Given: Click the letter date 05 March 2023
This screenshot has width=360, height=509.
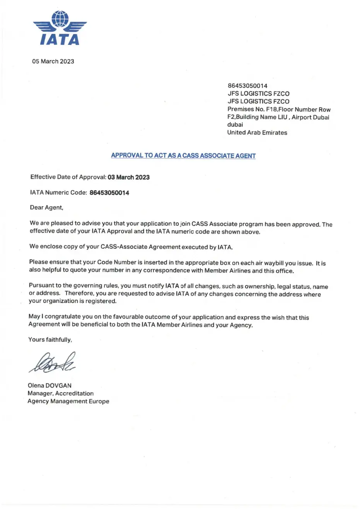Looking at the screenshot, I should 53,61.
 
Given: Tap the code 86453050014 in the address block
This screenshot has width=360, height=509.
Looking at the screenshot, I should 247,85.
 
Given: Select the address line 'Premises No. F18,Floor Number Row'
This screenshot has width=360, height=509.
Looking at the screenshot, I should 279,109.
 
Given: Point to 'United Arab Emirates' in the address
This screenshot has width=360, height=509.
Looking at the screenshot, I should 257,132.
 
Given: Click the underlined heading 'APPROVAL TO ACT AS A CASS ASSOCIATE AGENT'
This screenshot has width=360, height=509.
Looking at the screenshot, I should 183,155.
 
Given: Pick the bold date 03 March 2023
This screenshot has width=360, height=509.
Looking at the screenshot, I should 128,177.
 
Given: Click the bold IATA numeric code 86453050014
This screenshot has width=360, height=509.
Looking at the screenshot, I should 109,193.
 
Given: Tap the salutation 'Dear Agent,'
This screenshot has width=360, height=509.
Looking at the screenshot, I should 46,208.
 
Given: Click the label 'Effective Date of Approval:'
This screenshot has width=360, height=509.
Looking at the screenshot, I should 68,177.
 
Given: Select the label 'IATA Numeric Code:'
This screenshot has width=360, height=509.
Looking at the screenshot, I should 58,193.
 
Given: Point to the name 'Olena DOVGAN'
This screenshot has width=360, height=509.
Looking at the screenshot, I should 49,386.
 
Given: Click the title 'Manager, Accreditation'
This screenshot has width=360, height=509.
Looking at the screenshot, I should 60,393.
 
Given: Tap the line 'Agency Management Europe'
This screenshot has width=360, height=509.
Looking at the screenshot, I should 68,401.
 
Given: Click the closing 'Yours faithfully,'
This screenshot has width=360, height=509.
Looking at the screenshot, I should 50,340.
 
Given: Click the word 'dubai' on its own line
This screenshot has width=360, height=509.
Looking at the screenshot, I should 235,125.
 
